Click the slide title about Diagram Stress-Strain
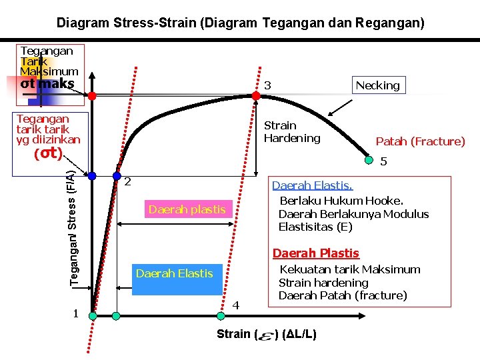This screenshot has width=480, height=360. (x=240, y=23)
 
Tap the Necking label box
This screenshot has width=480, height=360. (x=377, y=85)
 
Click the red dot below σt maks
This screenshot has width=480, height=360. (x=93, y=96)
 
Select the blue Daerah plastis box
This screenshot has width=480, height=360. (x=187, y=209)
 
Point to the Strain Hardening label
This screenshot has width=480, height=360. (x=292, y=132)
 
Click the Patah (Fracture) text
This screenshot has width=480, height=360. (x=420, y=141)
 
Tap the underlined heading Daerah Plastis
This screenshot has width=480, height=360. (x=316, y=253)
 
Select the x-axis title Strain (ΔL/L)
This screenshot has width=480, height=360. (x=267, y=334)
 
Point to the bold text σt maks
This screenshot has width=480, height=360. (x=47, y=84)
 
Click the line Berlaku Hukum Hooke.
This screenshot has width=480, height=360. (x=342, y=201)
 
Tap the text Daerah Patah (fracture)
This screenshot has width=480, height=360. (x=343, y=295)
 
